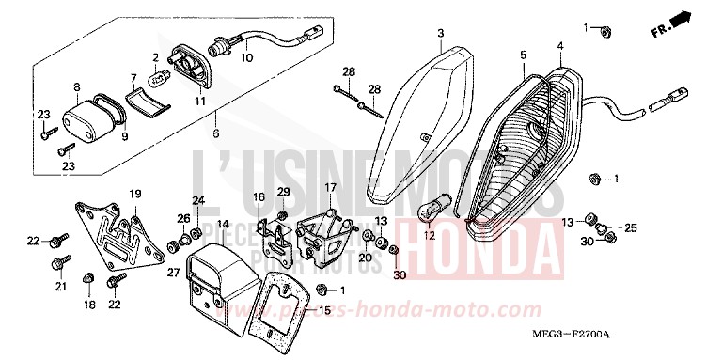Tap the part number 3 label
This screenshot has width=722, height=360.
point(439,35)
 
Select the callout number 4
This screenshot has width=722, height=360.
point(559,46)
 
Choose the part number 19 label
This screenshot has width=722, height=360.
point(134,195)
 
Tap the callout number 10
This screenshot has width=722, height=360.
point(247,57)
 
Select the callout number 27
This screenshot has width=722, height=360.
point(173,273)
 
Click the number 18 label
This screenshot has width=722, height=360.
point(90,305)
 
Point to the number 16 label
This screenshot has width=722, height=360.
point(259,196)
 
